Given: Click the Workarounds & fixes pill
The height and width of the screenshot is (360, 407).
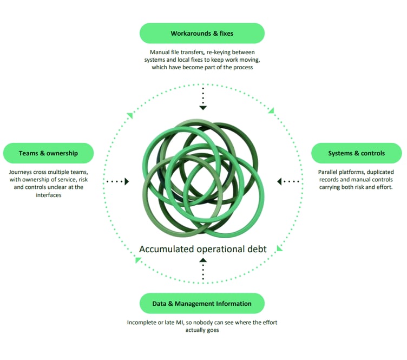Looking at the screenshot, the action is tap(202, 33).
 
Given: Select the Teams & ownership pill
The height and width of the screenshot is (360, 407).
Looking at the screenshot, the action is tap(48, 153).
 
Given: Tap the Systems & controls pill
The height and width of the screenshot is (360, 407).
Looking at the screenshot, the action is tap(356, 153).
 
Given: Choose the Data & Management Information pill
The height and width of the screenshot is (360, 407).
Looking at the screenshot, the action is tap(202, 303).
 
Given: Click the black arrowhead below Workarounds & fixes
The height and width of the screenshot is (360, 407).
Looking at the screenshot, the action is tap(203, 108).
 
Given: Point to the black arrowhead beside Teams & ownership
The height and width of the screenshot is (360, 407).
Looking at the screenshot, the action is tap(127, 181).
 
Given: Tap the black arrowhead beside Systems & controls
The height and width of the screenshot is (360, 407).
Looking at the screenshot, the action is tap(279, 181).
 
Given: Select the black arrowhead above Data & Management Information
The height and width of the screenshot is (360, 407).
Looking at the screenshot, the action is tap(203, 260).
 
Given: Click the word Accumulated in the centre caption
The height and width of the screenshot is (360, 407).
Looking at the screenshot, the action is tap(166, 249).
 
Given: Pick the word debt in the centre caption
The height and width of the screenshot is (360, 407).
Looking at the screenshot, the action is tap(257, 249).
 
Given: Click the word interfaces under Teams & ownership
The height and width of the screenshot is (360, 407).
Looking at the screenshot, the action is tap(49, 195).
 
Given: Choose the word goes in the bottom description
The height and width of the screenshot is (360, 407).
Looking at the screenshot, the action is tap(213, 330).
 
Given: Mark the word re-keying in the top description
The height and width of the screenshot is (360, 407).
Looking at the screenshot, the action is tap(218, 53).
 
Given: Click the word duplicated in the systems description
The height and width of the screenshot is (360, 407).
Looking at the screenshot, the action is tap(380, 172).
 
